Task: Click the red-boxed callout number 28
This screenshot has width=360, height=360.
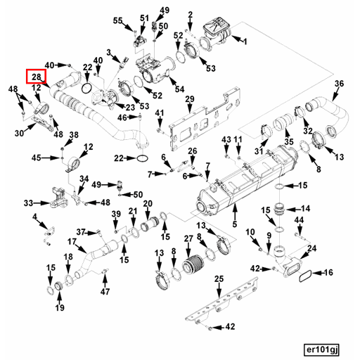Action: point(36,77)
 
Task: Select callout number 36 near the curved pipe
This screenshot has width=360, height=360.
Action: point(340,84)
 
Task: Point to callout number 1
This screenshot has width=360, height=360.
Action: point(244,43)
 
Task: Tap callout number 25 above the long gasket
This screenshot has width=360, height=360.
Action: point(219,280)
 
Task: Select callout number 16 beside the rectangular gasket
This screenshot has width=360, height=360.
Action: point(328,271)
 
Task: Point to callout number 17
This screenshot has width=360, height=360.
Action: point(72,242)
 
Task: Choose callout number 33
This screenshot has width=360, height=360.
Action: point(29,203)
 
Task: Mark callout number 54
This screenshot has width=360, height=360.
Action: point(180,89)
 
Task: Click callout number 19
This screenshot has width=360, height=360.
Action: point(60,308)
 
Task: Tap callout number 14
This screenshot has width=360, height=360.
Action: point(305,209)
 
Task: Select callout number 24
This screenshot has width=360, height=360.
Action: point(312,247)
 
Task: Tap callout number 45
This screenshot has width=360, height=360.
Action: point(36,157)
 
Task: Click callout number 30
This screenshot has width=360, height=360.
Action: point(19,132)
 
